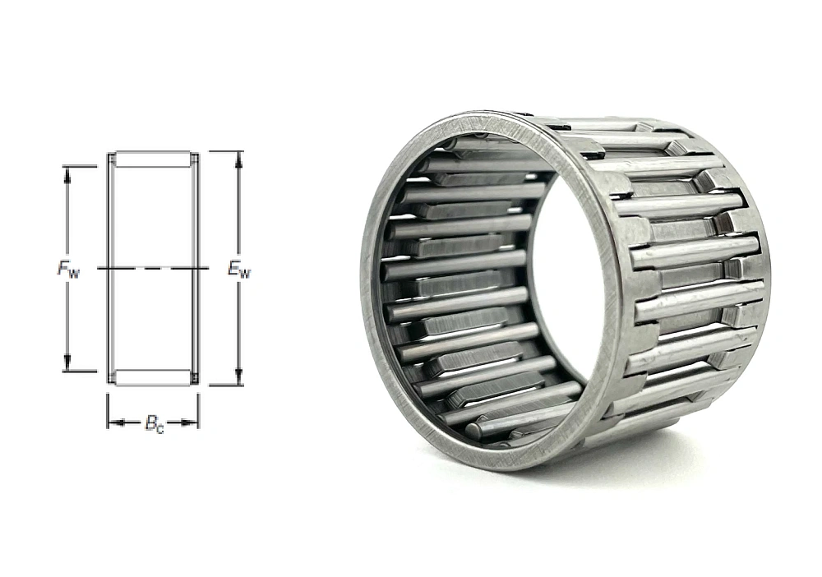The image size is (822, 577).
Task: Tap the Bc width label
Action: tap(154, 424)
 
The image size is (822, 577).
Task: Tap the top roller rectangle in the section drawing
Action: tap(152, 159)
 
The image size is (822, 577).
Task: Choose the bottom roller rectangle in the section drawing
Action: tap(152, 377)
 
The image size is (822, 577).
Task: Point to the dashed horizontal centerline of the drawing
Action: tap(153, 268)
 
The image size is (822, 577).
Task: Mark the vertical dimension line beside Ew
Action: tap(239, 214)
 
